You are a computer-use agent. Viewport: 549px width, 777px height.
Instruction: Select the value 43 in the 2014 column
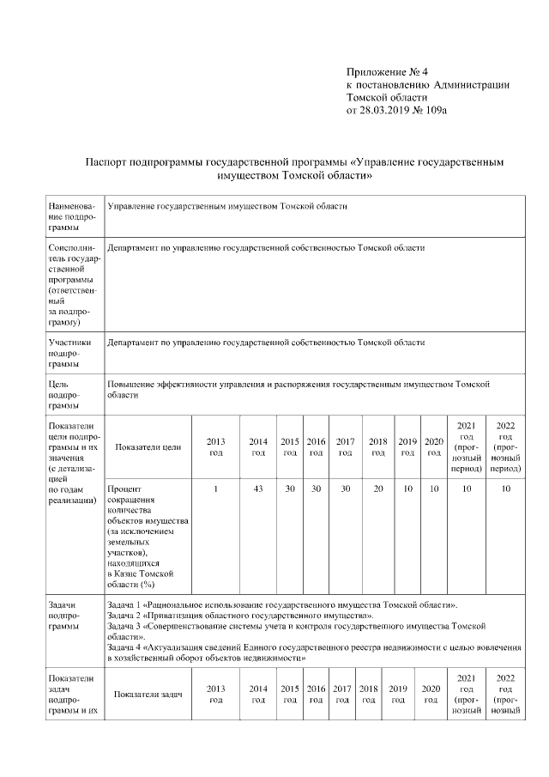257,489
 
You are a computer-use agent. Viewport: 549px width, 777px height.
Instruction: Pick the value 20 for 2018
377,489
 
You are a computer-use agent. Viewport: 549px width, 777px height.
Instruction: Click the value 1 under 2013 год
216,489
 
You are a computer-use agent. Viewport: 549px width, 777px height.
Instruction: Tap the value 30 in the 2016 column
316,489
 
